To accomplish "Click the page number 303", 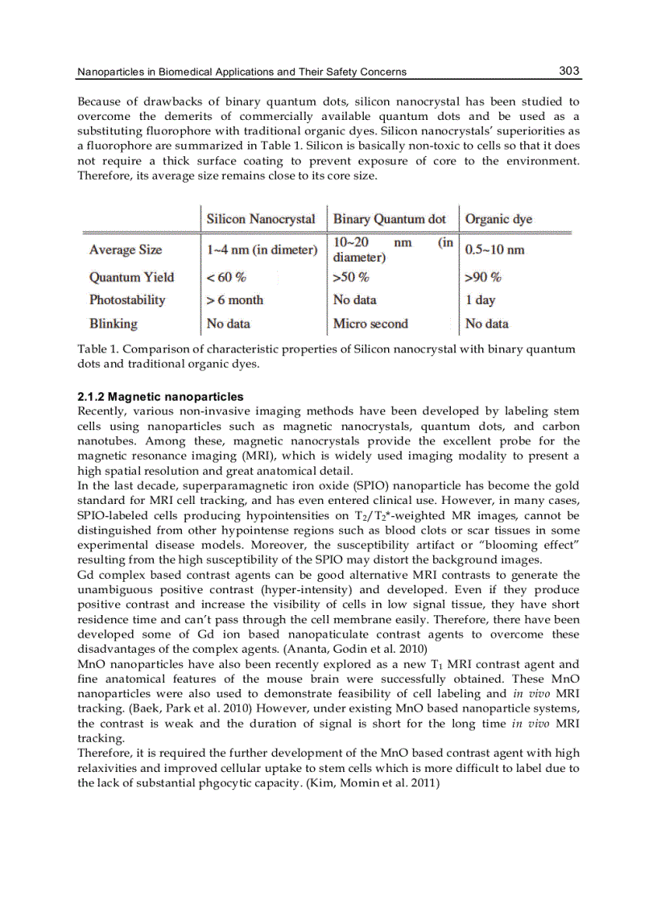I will pyautogui.click(x=568, y=71).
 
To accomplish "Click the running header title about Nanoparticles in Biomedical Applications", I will pyautogui.click(x=242, y=72).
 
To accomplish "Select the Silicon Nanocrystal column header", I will pyautogui.click(x=261, y=219).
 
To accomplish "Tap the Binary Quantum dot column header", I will pyautogui.click(x=390, y=219).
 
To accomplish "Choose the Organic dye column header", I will pyautogui.click(x=498, y=219).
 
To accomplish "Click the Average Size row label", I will pyautogui.click(x=126, y=250).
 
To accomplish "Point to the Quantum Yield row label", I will pyautogui.click(x=131, y=277).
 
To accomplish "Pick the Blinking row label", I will pyautogui.click(x=114, y=324).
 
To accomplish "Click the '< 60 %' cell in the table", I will pyautogui.click(x=226, y=277).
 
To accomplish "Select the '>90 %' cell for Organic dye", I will pyautogui.click(x=483, y=277).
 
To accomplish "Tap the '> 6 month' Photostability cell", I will pyautogui.click(x=235, y=300).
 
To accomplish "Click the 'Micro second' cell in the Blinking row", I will pyautogui.click(x=370, y=324).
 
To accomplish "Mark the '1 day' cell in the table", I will pyautogui.click(x=481, y=300).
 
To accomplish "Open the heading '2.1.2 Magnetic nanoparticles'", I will pyautogui.click(x=160, y=397).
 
